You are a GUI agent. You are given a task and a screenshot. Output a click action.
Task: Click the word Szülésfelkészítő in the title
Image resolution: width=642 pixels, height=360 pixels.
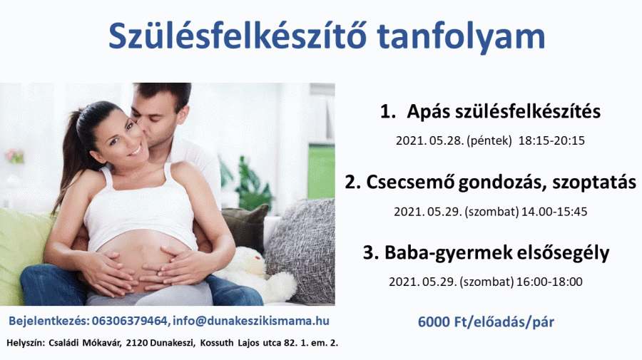[x=237, y=36]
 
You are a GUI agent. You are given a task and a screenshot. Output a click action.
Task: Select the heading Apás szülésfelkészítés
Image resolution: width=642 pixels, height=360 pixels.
[x=504, y=112]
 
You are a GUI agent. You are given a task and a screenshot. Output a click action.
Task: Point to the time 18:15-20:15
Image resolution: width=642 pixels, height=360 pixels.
[x=551, y=140]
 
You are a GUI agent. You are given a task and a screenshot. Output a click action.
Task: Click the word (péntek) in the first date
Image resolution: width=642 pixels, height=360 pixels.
[x=489, y=141]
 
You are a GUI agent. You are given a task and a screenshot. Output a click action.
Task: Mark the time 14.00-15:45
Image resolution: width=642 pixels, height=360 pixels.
[x=554, y=212]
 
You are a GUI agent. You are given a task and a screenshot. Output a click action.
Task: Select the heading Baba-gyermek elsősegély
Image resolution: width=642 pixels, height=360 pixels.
[x=496, y=253]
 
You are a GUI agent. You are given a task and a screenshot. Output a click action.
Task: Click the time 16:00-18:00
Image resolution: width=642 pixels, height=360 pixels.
[x=549, y=282]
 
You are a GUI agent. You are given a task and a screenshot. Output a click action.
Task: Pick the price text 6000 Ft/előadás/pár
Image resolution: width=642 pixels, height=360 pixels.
[x=486, y=322]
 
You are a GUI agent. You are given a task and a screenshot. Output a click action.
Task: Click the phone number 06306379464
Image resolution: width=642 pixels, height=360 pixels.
[x=130, y=321]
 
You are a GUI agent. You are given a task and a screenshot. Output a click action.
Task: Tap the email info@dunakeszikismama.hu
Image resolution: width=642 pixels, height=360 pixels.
[x=251, y=321]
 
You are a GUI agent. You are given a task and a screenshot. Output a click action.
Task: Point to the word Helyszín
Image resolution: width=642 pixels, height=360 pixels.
[x=26, y=343]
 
